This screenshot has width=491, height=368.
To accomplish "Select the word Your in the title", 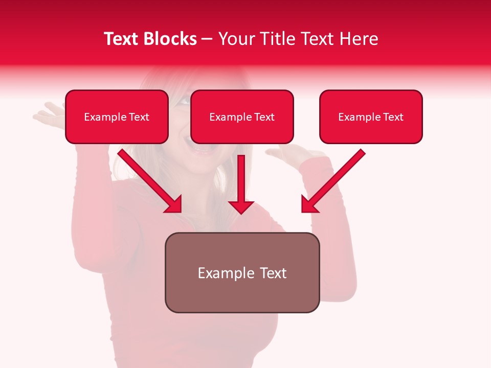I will pos(236,39).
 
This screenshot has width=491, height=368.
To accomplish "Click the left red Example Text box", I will pos(117,117).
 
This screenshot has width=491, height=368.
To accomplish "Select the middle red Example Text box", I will pos(242,117).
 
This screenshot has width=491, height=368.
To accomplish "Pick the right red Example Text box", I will pos(371,117).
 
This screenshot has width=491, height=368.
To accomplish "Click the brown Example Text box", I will pos(242,272).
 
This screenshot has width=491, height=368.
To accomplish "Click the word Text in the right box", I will pos(393,117).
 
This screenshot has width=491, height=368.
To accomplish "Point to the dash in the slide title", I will pos(207,39).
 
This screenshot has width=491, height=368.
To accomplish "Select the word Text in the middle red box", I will pos(264,117).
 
